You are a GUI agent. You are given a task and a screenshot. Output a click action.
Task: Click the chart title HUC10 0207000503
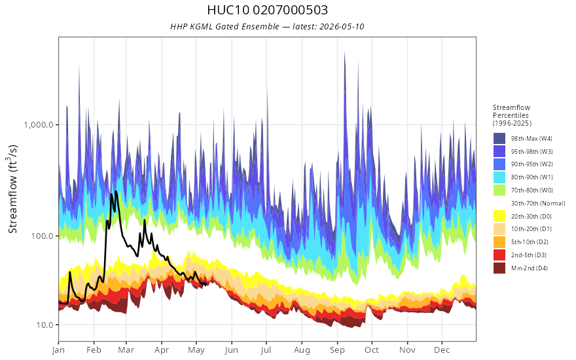click(268, 10)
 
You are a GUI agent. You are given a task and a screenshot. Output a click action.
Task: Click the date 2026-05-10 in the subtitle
click(342, 26)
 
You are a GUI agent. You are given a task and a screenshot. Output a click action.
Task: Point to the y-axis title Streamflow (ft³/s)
click(13, 189)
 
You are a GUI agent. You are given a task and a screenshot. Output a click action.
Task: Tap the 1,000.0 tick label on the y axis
click(41, 124)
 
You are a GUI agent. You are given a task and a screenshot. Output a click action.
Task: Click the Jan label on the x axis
click(58, 350)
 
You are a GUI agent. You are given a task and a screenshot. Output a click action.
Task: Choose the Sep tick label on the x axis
click(337, 350)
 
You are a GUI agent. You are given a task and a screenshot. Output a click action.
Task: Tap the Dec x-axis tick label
click(442, 350)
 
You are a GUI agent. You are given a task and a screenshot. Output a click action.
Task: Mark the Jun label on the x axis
click(232, 350)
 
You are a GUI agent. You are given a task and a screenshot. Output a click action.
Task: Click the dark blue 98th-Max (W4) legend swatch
click(499, 139)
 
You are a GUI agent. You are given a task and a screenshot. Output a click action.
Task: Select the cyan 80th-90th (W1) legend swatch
click(499, 177)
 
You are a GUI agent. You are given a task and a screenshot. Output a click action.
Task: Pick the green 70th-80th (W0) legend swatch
click(499, 190)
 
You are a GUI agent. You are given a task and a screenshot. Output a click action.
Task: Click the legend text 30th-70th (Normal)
click(538, 203)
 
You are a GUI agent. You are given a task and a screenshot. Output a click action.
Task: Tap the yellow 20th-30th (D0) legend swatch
click(499, 216)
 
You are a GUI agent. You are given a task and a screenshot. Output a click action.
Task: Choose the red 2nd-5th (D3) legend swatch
click(499, 255)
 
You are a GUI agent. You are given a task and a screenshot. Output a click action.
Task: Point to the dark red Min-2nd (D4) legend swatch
click(499, 268)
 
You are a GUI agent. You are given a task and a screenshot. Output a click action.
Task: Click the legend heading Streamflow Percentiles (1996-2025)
click(512, 115)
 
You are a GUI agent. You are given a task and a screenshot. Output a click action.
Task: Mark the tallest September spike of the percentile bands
click(344, 52)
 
